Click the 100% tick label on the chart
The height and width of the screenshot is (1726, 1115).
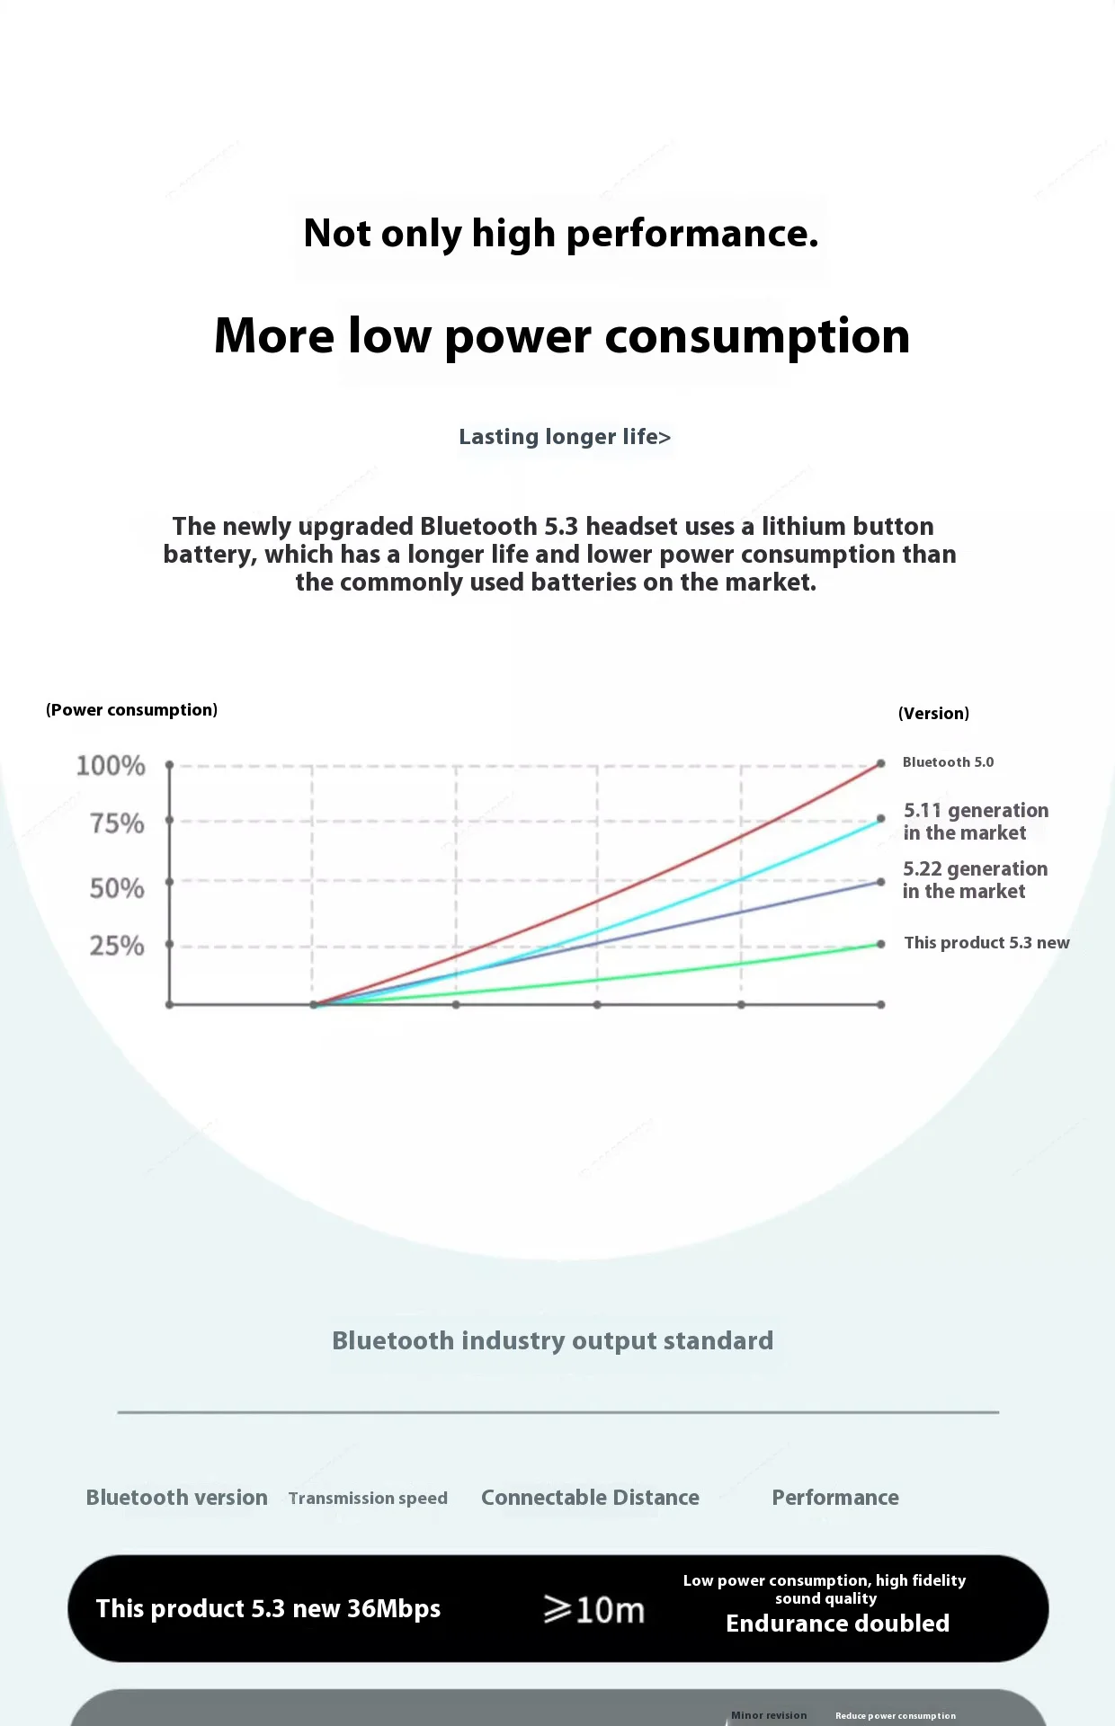[x=111, y=766]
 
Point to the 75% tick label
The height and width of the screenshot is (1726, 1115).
[x=117, y=823]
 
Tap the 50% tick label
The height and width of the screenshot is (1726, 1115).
[x=117, y=888]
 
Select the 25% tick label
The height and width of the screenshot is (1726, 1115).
[x=117, y=946]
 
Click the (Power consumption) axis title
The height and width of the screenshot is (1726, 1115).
[x=131, y=710]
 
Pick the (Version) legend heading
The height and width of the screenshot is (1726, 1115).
[x=933, y=714]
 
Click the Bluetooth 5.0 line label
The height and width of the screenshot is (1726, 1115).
[x=948, y=762]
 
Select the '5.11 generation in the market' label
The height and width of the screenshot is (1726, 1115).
[x=976, y=822]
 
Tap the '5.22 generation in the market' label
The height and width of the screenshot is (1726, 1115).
[x=975, y=880]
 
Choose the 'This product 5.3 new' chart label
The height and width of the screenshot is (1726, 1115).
[x=986, y=943]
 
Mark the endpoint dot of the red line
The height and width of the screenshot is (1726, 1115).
[x=881, y=762]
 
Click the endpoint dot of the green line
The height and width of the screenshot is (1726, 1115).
[x=881, y=944]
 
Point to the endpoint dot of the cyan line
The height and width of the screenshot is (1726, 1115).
[x=881, y=819]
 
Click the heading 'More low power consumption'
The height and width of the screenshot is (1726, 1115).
[x=562, y=336]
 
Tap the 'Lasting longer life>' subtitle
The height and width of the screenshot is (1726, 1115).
[x=565, y=437]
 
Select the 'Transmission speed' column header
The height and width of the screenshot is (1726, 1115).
[x=368, y=1499]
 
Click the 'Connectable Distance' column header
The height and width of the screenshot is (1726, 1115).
[x=590, y=1498]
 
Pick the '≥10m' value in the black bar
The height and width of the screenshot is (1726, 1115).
[x=594, y=1610]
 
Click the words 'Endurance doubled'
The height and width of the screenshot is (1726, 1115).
[x=837, y=1624]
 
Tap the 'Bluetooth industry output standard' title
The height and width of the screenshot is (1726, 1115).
[x=552, y=1341]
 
